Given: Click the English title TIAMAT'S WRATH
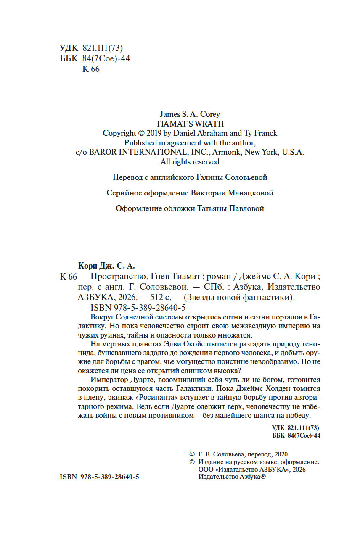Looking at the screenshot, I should point(190,124).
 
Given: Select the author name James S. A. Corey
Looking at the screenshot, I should point(190,114).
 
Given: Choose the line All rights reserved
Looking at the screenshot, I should point(190,161).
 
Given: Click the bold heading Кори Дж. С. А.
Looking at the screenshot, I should point(107,266).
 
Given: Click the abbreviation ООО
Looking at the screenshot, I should point(204,470).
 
